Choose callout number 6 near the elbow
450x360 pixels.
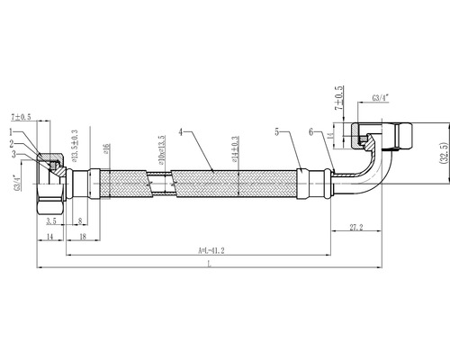coord(310,132)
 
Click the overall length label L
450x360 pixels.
coord(209,266)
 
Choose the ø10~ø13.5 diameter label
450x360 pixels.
coord(163,148)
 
